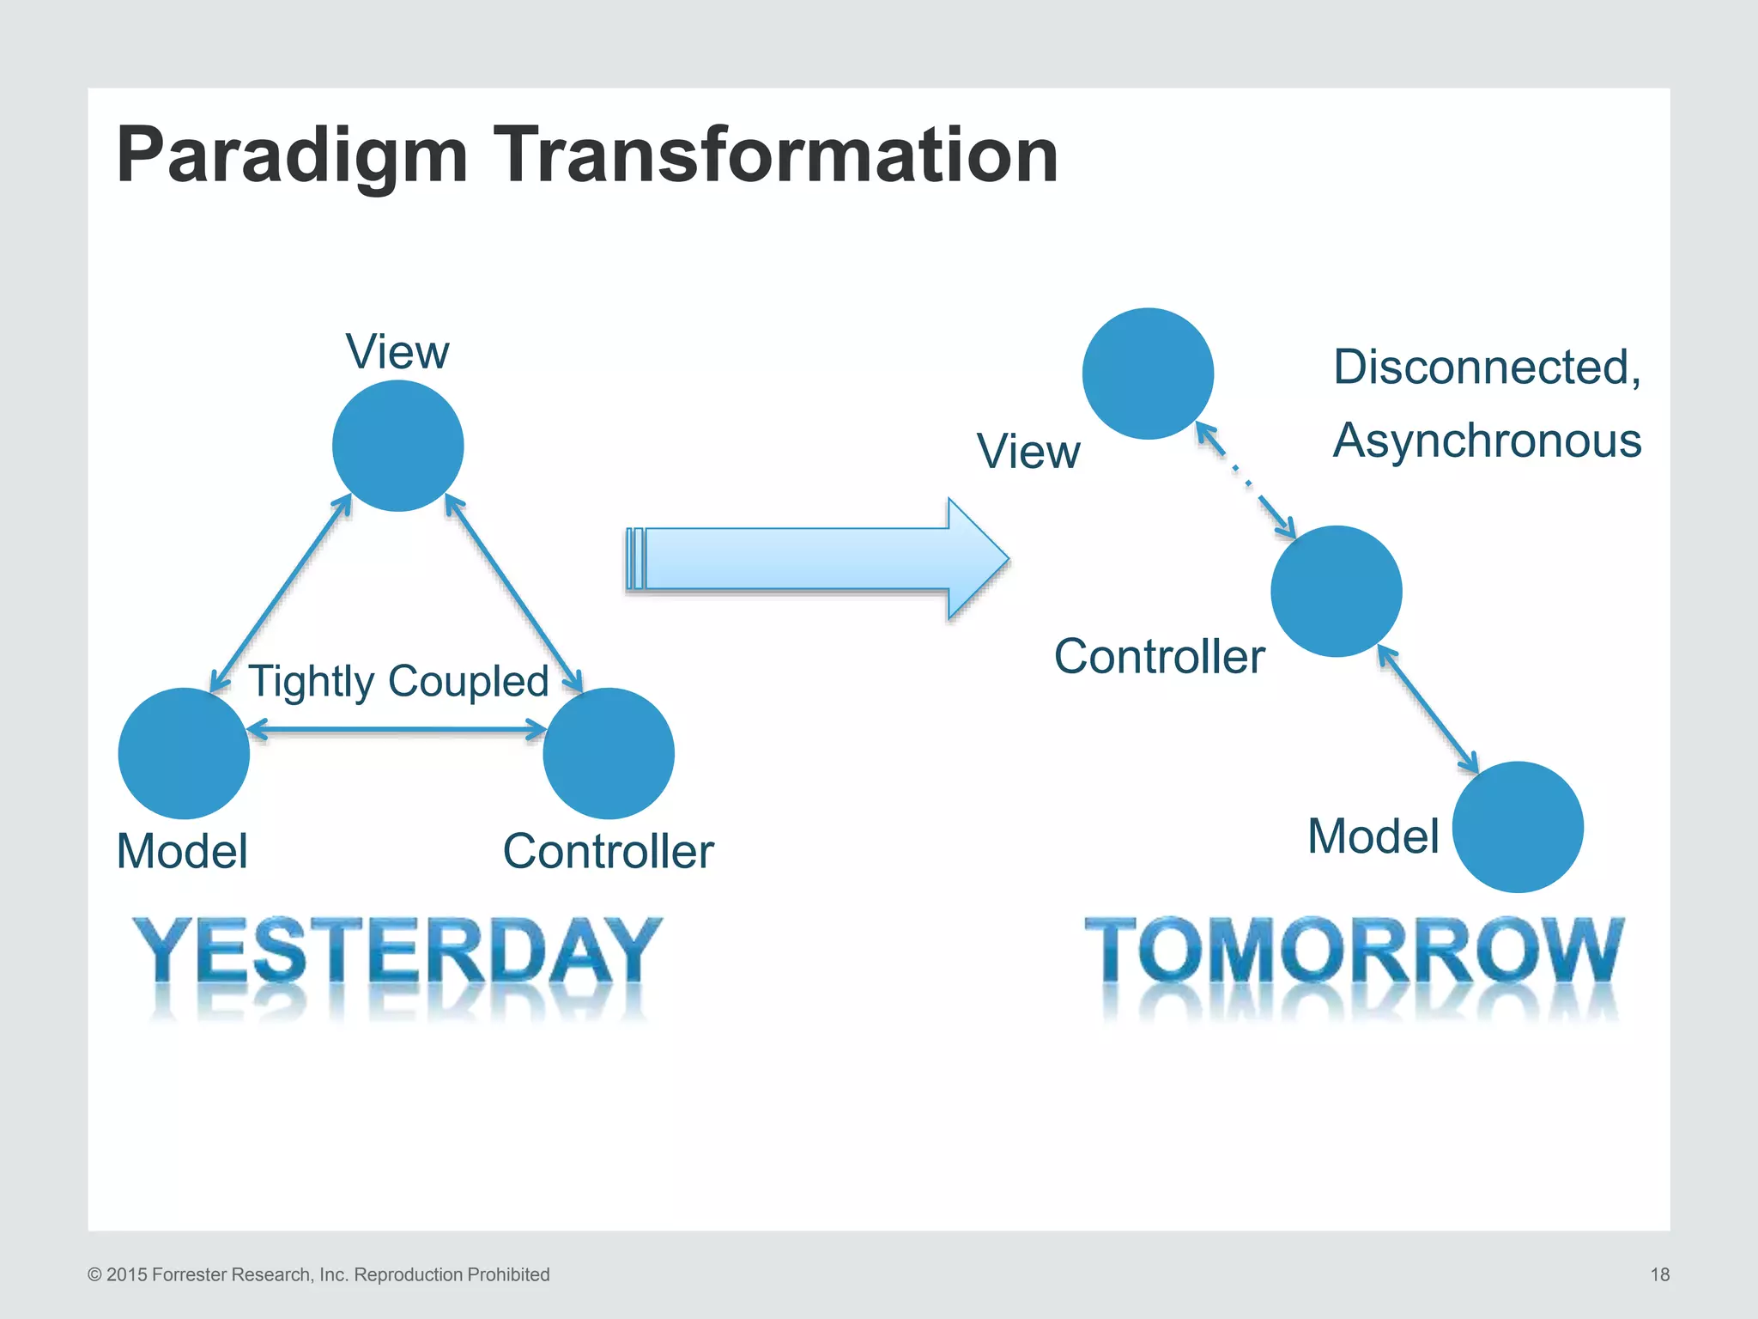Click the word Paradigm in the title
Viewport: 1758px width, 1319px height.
[x=292, y=156]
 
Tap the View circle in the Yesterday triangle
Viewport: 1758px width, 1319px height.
[x=397, y=446]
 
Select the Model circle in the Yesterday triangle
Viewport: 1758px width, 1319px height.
[x=184, y=753]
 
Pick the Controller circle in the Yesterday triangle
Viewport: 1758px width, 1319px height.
[x=609, y=753]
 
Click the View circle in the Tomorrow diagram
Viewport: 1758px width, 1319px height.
[x=1148, y=374]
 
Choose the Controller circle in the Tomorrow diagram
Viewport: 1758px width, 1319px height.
[x=1336, y=592]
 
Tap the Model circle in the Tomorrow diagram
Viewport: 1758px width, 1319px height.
[x=1518, y=827]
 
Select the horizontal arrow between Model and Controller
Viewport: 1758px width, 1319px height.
[x=397, y=731]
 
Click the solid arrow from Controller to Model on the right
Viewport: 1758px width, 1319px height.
[x=1428, y=709]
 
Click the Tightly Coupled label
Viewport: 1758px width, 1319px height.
[x=398, y=682]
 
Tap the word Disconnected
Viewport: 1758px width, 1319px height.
[x=1486, y=368]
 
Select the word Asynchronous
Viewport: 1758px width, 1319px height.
[x=1487, y=441]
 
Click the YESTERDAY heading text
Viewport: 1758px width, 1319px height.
[x=397, y=951]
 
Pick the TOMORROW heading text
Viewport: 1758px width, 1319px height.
[x=1354, y=951]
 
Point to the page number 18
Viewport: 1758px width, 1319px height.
[x=1659, y=1274]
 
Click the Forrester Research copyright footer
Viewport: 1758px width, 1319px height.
[x=318, y=1274]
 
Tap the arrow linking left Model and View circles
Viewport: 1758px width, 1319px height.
[x=282, y=593]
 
